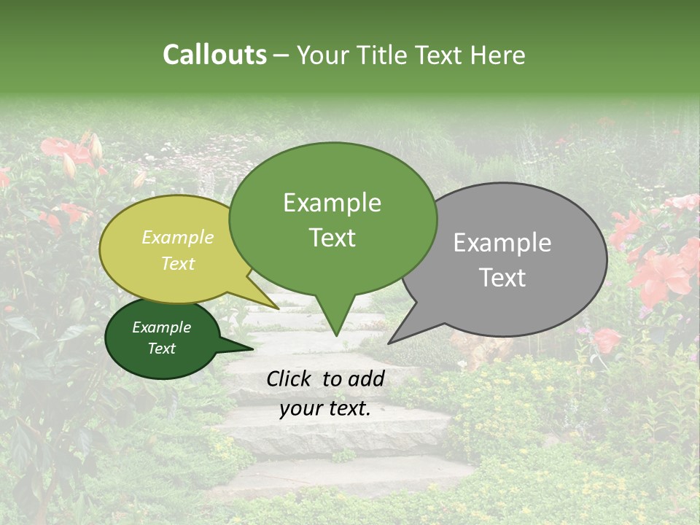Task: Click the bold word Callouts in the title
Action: tap(214, 55)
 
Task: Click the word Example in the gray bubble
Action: tap(502, 243)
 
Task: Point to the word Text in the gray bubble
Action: tap(502, 278)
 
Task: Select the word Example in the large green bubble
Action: tap(332, 203)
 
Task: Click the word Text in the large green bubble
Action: tap(332, 238)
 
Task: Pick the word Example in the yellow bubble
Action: tap(177, 238)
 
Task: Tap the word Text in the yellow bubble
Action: tap(177, 264)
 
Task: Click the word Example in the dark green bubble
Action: tap(161, 327)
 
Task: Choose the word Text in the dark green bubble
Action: tap(161, 349)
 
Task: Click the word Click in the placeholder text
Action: tap(290, 378)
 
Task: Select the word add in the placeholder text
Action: tap(367, 378)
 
